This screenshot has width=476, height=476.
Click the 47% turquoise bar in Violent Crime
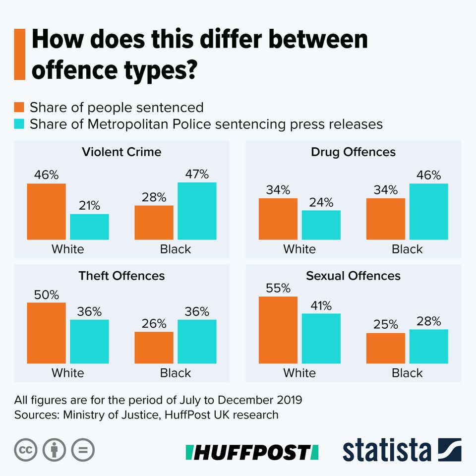[197, 211]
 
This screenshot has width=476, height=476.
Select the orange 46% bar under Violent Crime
[46, 212]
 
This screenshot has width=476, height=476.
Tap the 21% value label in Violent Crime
[89, 205]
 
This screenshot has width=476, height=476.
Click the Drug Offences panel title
[353, 152]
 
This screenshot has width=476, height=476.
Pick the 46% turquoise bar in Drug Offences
[429, 212]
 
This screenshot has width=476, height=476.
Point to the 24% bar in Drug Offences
[321, 225]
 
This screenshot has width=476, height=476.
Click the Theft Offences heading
[121, 276]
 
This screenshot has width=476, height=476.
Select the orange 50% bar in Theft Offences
[46, 333]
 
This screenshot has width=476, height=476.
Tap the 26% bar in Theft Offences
[154, 348]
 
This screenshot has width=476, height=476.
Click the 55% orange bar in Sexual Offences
[278, 330]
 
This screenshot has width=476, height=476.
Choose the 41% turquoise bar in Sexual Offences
[321, 339]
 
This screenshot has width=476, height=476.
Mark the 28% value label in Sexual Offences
[429, 321]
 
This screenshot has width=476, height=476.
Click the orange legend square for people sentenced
[20, 108]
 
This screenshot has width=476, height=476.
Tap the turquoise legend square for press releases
[20, 123]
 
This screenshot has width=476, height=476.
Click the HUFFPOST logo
[251, 452]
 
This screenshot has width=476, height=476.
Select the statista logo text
[387, 450]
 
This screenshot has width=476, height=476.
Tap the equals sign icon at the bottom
[83, 450]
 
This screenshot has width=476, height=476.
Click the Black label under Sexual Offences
[407, 373]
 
